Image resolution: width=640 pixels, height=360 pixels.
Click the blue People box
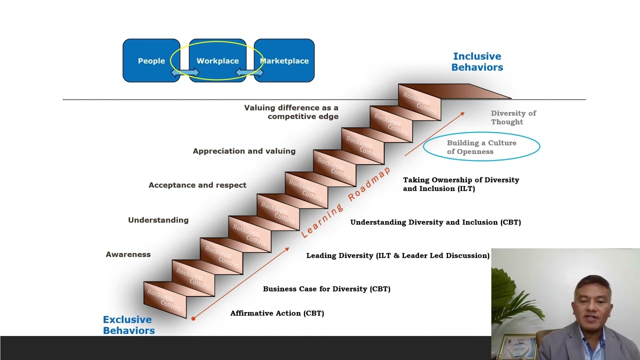click(x=151, y=60)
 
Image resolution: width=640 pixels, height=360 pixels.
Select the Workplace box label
click(x=217, y=61)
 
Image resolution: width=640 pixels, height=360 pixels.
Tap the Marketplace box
click(x=284, y=60)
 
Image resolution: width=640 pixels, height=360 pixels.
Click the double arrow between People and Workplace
click(x=184, y=73)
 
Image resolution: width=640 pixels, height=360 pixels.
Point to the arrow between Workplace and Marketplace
click(x=249, y=73)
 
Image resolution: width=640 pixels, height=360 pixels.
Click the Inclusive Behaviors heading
click(x=477, y=61)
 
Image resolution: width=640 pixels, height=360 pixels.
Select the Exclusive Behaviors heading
click(x=128, y=325)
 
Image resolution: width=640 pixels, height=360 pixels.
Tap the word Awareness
click(x=128, y=254)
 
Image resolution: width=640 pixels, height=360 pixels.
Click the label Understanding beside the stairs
click(x=158, y=220)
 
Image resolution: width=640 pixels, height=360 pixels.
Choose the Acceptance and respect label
click(x=197, y=185)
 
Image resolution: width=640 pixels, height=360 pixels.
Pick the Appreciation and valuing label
click(x=244, y=151)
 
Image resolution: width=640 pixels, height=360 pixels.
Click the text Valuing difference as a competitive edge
click(x=291, y=112)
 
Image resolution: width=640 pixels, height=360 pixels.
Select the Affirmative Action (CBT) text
click(x=277, y=313)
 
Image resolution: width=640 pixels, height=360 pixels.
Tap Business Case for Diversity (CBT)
click(x=326, y=289)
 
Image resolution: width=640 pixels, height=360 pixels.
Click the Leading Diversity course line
click(x=397, y=255)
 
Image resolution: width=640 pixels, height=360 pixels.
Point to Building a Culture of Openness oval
click(x=481, y=147)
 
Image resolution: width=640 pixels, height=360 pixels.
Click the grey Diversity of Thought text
click(x=513, y=117)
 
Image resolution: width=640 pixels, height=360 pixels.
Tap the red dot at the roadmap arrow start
click(x=193, y=318)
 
